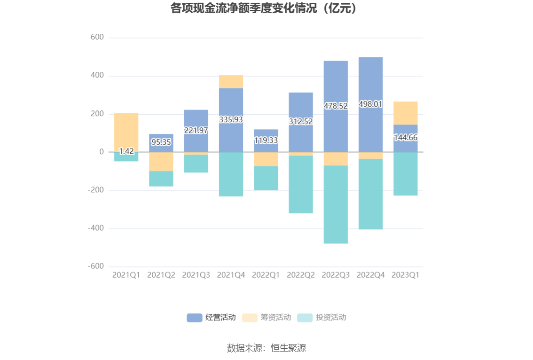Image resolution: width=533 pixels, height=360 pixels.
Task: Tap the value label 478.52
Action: pos(336,106)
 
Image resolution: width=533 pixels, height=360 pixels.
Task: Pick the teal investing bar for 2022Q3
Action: pos(336,204)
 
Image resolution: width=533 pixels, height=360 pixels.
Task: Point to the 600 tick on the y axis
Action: pos(97,38)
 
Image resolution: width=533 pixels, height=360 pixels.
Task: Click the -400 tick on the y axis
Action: pos(95,228)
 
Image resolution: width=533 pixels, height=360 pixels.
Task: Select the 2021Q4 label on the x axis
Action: pos(231,275)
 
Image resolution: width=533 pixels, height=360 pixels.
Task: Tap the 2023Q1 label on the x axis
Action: pos(405,275)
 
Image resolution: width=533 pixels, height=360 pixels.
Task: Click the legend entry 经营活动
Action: pos(212,318)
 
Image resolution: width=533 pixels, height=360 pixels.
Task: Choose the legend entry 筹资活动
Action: pos(266,318)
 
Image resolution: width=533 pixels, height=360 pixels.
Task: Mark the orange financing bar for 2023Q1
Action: pos(405,113)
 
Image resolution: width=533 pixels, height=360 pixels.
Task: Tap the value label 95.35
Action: pos(161,142)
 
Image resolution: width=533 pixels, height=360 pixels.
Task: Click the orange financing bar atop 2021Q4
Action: pos(231,82)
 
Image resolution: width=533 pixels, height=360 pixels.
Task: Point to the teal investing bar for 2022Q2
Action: pos(301,184)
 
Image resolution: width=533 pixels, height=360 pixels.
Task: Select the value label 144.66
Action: pos(405,138)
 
